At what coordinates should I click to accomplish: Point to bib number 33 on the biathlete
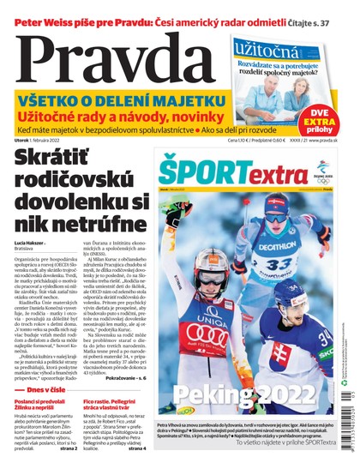283,261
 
